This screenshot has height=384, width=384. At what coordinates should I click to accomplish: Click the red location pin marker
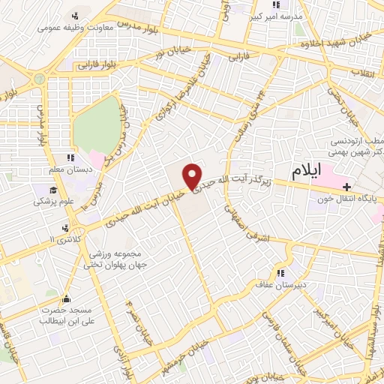click(193, 176)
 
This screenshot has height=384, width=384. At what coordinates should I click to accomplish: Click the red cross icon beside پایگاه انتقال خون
click(346, 187)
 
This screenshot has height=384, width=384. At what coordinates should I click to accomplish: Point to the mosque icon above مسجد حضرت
click(66, 298)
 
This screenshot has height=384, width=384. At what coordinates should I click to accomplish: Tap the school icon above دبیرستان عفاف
click(281, 274)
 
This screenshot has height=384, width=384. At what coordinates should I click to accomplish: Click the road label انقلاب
click(367, 73)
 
